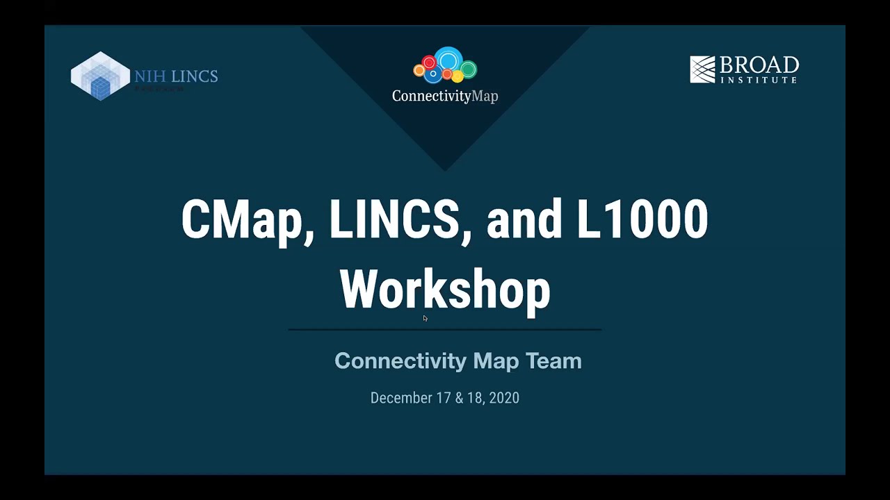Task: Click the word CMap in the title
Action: [242, 219]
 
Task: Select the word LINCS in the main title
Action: [394, 219]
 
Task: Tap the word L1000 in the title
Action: [642, 219]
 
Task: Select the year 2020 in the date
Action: [504, 398]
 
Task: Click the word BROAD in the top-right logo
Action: [759, 66]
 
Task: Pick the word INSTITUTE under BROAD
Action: [759, 80]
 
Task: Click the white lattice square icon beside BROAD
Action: [702, 69]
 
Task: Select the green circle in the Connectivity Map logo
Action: [469, 69]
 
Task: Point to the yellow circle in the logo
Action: [419, 70]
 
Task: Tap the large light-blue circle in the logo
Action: [448, 59]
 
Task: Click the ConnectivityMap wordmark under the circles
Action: [445, 96]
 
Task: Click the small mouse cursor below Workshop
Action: [425, 318]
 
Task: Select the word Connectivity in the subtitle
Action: [400, 361]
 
